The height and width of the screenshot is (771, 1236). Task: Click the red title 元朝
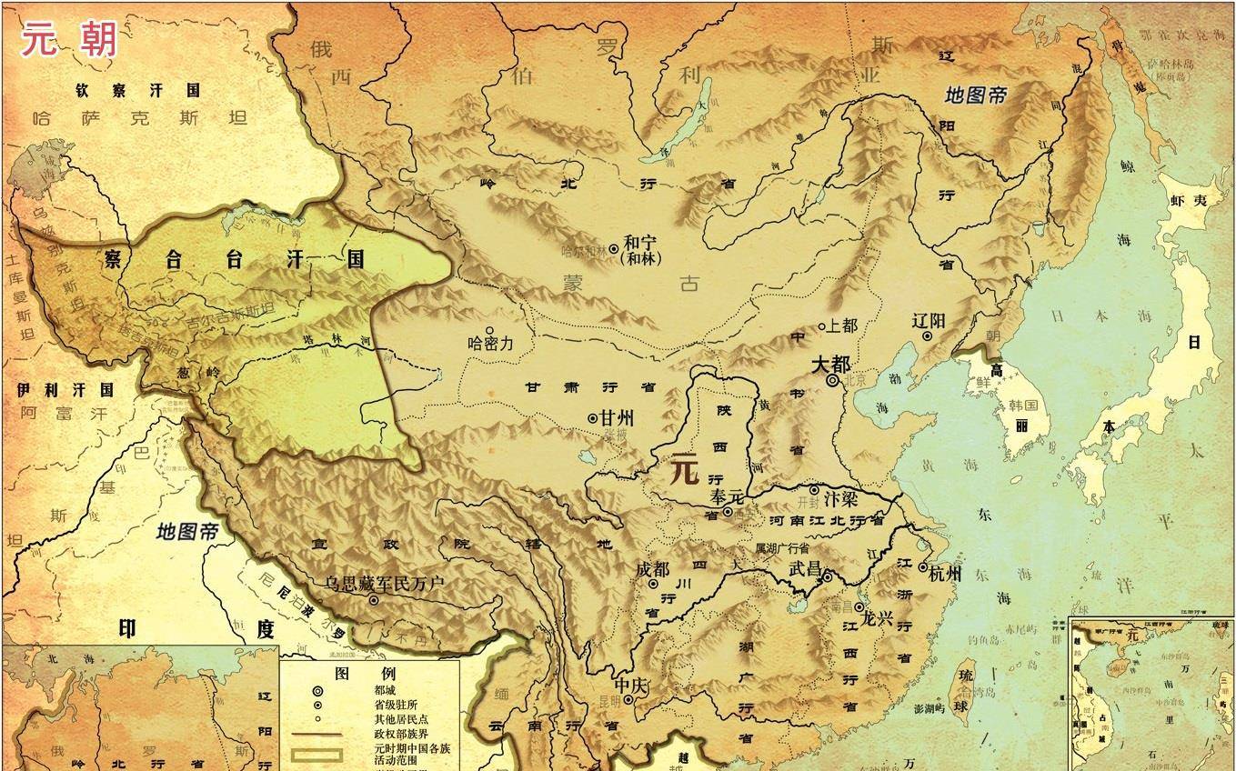pyautogui.click(x=70, y=39)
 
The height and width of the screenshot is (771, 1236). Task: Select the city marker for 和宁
pyautogui.click(x=614, y=247)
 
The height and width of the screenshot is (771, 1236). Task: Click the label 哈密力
pyautogui.click(x=491, y=345)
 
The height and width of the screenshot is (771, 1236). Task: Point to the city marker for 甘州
pyautogui.click(x=593, y=418)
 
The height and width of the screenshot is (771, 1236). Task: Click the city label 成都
pyautogui.click(x=653, y=569)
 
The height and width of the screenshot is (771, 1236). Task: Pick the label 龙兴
pyautogui.click(x=877, y=619)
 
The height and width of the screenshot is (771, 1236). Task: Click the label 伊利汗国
pyautogui.click(x=65, y=390)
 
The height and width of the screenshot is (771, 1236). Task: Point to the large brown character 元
pyautogui.click(x=684, y=470)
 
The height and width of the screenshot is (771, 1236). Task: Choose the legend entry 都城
pyautogui.click(x=385, y=690)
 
